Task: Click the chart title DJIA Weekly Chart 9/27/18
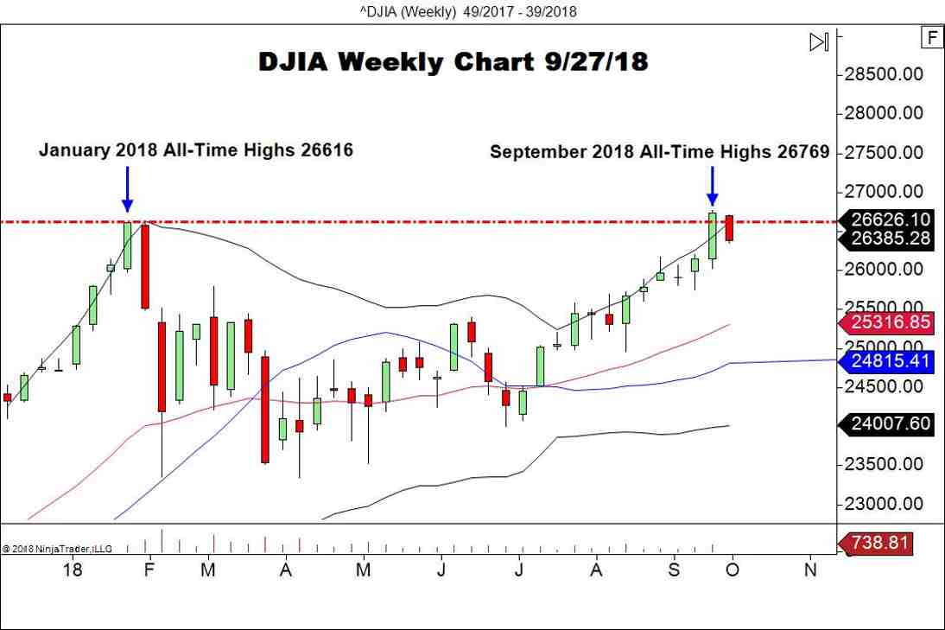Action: click(x=453, y=62)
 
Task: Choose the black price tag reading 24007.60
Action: click(x=887, y=423)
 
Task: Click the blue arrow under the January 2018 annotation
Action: click(x=127, y=188)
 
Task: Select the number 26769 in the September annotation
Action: click(x=802, y=153)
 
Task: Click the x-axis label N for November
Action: click(x=810, y=570)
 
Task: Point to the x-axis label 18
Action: click(x=73, y=570)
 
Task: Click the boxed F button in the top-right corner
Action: click(x=931, y=38)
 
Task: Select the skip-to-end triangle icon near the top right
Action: click(x=819, y=41)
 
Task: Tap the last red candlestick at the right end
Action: click(x=730, y=227)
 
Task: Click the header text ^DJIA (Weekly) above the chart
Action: click(x=407, y=11)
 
